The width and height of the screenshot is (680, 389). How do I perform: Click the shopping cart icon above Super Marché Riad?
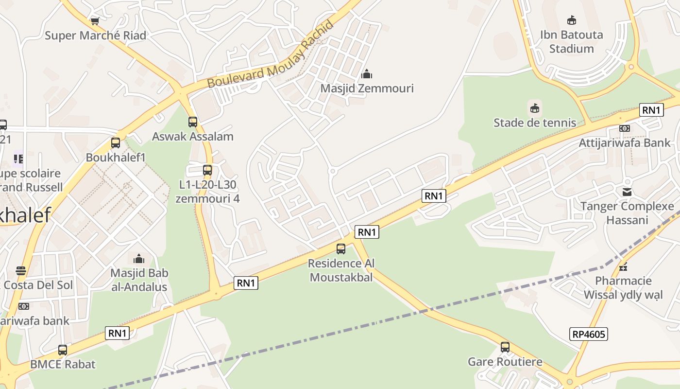pyautogui.click(x=95, y=21)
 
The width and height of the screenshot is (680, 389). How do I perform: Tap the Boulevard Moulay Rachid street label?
pyautogui.click(x=271, y=54)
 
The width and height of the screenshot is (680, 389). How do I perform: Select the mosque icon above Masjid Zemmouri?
pyautogui.click(x=367, y=74)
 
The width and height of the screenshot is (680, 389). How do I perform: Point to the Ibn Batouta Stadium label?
pyautogui.click(x=571, y=42)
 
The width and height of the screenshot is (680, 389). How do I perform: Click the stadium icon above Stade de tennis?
pyautogui.click(x=535, y=108)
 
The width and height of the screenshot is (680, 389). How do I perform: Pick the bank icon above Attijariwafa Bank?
pyautogui.click(x=625, y=128)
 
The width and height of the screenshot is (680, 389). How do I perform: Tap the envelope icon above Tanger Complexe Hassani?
pyautogui.click(x=627, y=192)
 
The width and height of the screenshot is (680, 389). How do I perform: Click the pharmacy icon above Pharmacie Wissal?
pyautogui.click(x=623, y=266)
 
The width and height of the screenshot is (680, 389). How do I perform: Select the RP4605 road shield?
pyautogui.click(x=589, y=334)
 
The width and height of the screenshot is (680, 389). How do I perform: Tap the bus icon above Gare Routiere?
pyautogui.click(x=505, y=347)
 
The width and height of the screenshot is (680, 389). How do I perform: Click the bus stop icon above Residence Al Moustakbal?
pyautogui.click(x=341, y=249)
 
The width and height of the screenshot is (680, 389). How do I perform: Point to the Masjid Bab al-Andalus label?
pyautogui.click(x=139, y=280)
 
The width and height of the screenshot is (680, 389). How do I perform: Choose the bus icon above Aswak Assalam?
pyautogui.click(x=193, y=122)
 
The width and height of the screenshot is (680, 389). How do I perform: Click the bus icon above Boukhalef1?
pyautogui.click(x=116, y=143)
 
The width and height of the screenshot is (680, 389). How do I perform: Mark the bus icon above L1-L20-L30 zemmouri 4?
pyautogui.click(x=207, y=170)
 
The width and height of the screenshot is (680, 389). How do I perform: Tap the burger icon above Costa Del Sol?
pyautogui.click(x=20, y=270)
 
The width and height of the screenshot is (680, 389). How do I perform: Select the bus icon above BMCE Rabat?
pyautogui.click(x=63, y=350)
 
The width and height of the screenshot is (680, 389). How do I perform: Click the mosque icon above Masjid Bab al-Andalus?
pyautogui.click(x=139, y=258)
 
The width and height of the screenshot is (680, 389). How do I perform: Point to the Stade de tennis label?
pyautogui.click(x=535, y=123)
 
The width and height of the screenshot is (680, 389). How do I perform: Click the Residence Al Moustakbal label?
pyautogui.click(x=341, y=270)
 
